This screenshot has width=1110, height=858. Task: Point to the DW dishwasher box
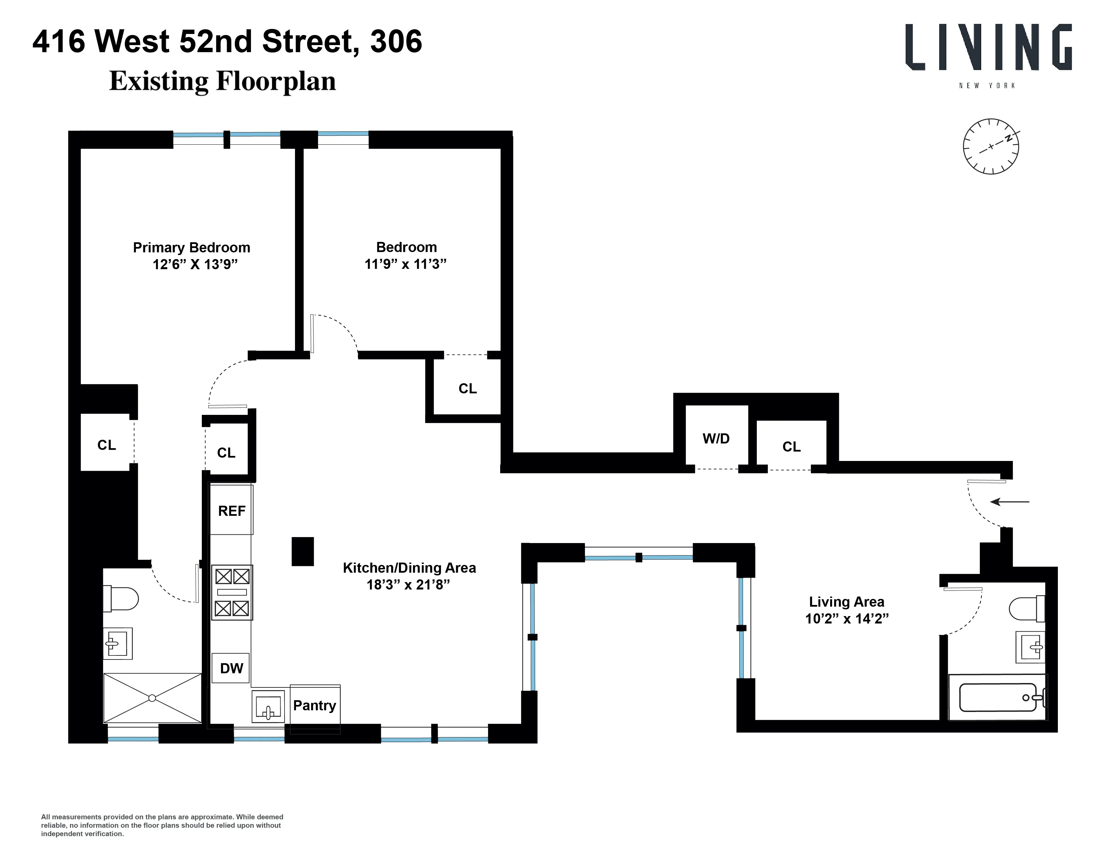tap(231, 668)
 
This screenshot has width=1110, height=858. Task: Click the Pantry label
tap(314, 706)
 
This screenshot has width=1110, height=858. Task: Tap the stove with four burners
tap(232, 592)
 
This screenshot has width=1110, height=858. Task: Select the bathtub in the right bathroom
tap(997, 698)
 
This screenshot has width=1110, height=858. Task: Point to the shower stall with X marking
tap(152, 698)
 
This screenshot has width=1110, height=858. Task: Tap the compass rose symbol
tap(991, 147)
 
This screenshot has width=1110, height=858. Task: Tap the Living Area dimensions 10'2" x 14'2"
tap(847, 618)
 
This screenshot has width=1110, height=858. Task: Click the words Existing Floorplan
tap(223, 81)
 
